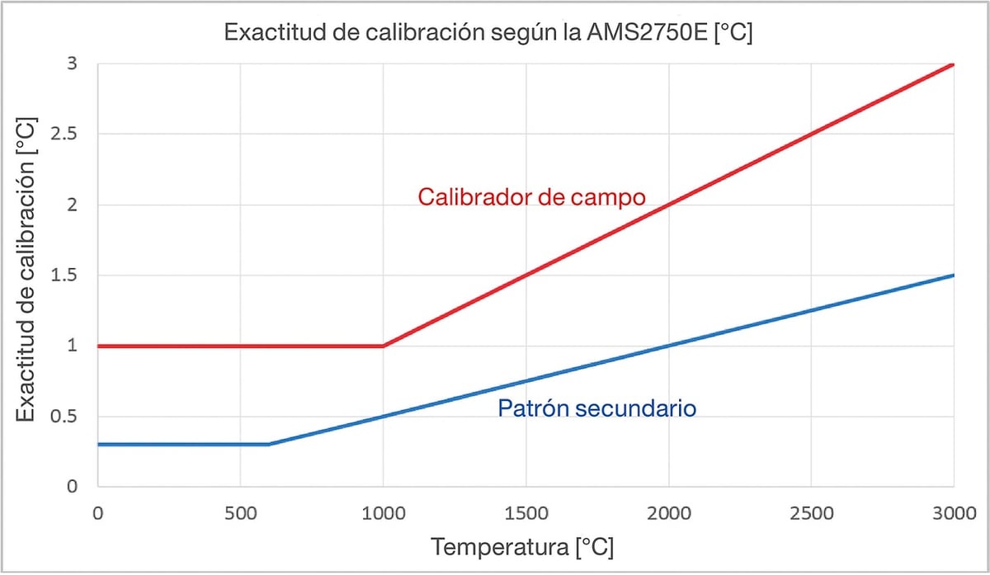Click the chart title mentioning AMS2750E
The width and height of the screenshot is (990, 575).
488,35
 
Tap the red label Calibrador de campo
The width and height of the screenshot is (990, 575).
531,198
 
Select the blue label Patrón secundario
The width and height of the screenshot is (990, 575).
597,408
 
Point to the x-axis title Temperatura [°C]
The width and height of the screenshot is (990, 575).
522,548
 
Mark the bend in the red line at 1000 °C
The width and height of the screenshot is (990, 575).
383,346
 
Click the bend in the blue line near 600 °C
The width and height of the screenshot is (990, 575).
269,444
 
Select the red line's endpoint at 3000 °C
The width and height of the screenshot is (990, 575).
953,64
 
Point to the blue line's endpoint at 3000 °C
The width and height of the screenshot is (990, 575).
953,275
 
